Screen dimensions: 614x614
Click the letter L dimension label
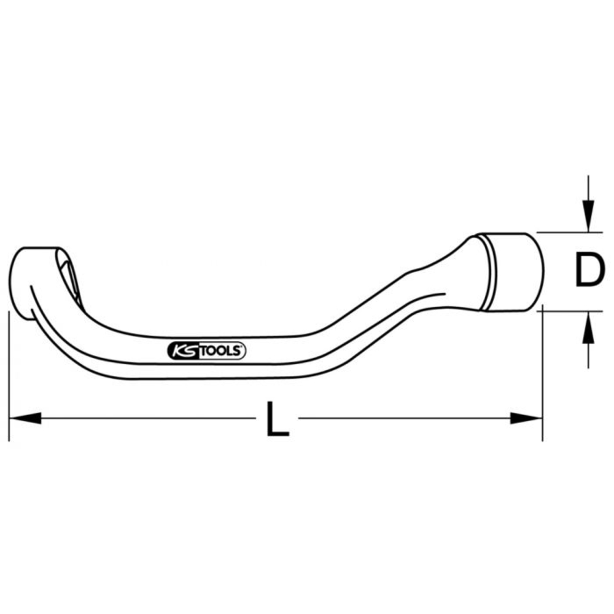(278, 419)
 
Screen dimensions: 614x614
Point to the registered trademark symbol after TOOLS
(243, 348)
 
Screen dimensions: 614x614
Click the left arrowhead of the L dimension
(25, 419)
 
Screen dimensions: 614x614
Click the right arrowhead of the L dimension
(527, 419)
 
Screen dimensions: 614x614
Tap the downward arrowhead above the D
(588, 218)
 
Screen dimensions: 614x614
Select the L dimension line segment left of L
(147, 419)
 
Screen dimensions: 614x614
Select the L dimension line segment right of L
(405, 419)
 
